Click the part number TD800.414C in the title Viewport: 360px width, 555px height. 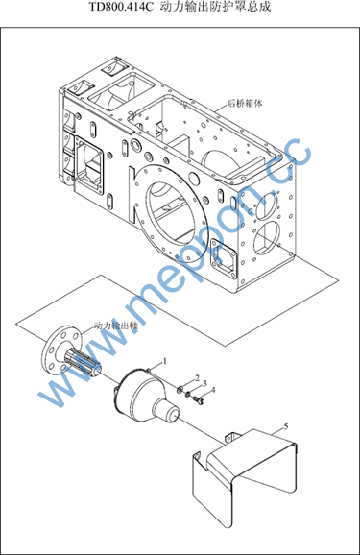pyautogui.click(x=121, y=7)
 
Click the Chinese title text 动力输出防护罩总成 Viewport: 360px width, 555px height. pyautogui.click(x=215, y=7)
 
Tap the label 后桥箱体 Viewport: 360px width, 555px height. pyautogui.click(x=246, y=104)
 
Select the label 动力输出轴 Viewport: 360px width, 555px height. pyautogui.click(x=115, y=326)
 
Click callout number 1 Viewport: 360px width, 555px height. pyautogui.click(x=164, y=361)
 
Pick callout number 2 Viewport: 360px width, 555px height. pyautogui.click(x=198, y=377)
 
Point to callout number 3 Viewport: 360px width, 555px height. pyautogui.click(x=204, y=384)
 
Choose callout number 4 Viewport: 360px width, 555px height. pyautogui.click(x=213, y=390)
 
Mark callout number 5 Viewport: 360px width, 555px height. pyautogui.click(x=286, y=426)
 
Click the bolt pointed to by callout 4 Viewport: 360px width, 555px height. pyautogui.click(x=199, y=400)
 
